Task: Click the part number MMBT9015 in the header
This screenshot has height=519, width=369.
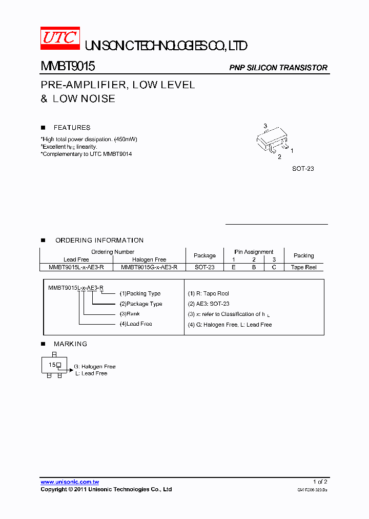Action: pyautogui.click(x=67, y=67)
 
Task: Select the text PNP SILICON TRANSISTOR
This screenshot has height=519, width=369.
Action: pyautogui.click(x=278, y=68)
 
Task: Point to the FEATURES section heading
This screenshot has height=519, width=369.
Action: pyautogui.click(x=72, y=128)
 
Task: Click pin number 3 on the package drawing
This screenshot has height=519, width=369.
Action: pyautogui.click(x=265, y=126)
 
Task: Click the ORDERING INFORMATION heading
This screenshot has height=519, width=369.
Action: pyautogui.click(x=99, y=240)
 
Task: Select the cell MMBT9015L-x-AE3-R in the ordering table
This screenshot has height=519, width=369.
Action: pyautogui.click(x=76, y=267)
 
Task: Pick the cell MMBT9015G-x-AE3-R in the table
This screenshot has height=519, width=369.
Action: pyautogui.click(x=149, y=267)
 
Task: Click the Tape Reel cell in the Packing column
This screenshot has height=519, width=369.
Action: pyautogui.click(x=304, y=267)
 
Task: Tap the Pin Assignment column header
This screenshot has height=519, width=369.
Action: pyautogui.click(x=254, y=252)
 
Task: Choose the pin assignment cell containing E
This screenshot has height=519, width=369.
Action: pyautogui.click(x=234, y=267)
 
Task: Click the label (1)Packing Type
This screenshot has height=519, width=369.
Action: pyautogui.click(x=140, y=294)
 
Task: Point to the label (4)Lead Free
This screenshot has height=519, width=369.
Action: pyautogui.click(x=136, y=324)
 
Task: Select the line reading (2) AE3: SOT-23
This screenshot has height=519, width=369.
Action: pyautogui.click(x=209, y=304)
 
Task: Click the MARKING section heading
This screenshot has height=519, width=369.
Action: pyautogui.click(x=70, y=344)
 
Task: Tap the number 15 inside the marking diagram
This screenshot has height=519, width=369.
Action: pyautogui.click(x=52, y=365)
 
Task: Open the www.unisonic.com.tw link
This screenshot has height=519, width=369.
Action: pyautogui.click(x=70, y=482)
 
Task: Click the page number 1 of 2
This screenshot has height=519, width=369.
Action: pyautogui.click(x=320, y=482)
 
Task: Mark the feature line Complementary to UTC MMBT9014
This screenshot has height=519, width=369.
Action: pyautogui.click(x=87, y=154)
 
